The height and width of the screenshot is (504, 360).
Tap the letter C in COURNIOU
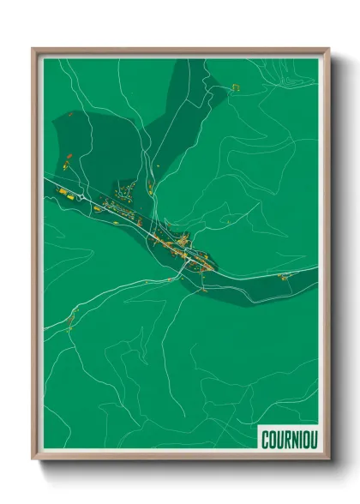264,438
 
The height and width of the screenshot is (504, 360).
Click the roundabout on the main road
81,196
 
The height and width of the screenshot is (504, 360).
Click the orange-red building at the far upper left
69,158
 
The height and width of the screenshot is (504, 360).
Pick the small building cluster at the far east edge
285,276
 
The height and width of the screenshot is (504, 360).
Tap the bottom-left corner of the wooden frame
33,460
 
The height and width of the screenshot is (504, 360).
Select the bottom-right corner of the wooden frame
328,460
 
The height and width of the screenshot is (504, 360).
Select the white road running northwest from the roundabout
60,184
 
